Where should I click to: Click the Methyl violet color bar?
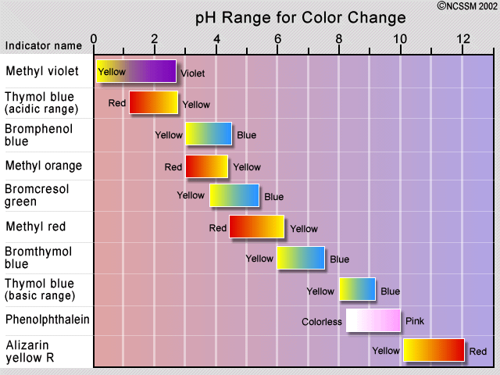136,71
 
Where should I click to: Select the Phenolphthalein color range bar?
373,320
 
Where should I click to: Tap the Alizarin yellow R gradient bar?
434,351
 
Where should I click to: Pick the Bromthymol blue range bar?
301,258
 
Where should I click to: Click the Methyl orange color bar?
207,166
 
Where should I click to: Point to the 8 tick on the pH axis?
339,40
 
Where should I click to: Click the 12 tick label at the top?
463,40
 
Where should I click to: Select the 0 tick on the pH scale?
95,40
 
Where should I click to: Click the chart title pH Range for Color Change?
300,17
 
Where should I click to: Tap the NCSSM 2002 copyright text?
466,5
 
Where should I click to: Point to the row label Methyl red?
35,227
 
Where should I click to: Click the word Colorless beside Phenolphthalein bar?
322,321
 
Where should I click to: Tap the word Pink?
415,321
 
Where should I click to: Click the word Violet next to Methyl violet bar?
192,74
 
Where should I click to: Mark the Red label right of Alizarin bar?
477,352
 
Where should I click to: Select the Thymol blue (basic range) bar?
357,289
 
